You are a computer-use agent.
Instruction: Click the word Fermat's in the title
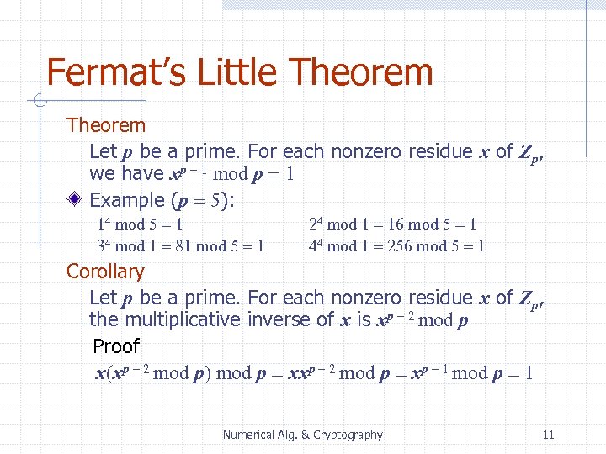pos(117,72)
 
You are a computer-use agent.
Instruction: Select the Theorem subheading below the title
pos(106,126)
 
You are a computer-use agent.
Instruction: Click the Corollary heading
pos(105,272)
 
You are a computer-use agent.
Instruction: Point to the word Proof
pos(116,346)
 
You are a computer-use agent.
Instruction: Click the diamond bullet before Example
pos(76,200)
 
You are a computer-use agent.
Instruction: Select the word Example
pos(126,200)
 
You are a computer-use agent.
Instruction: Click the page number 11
pos(549,435)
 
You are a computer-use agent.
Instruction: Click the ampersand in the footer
pos(305,435)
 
